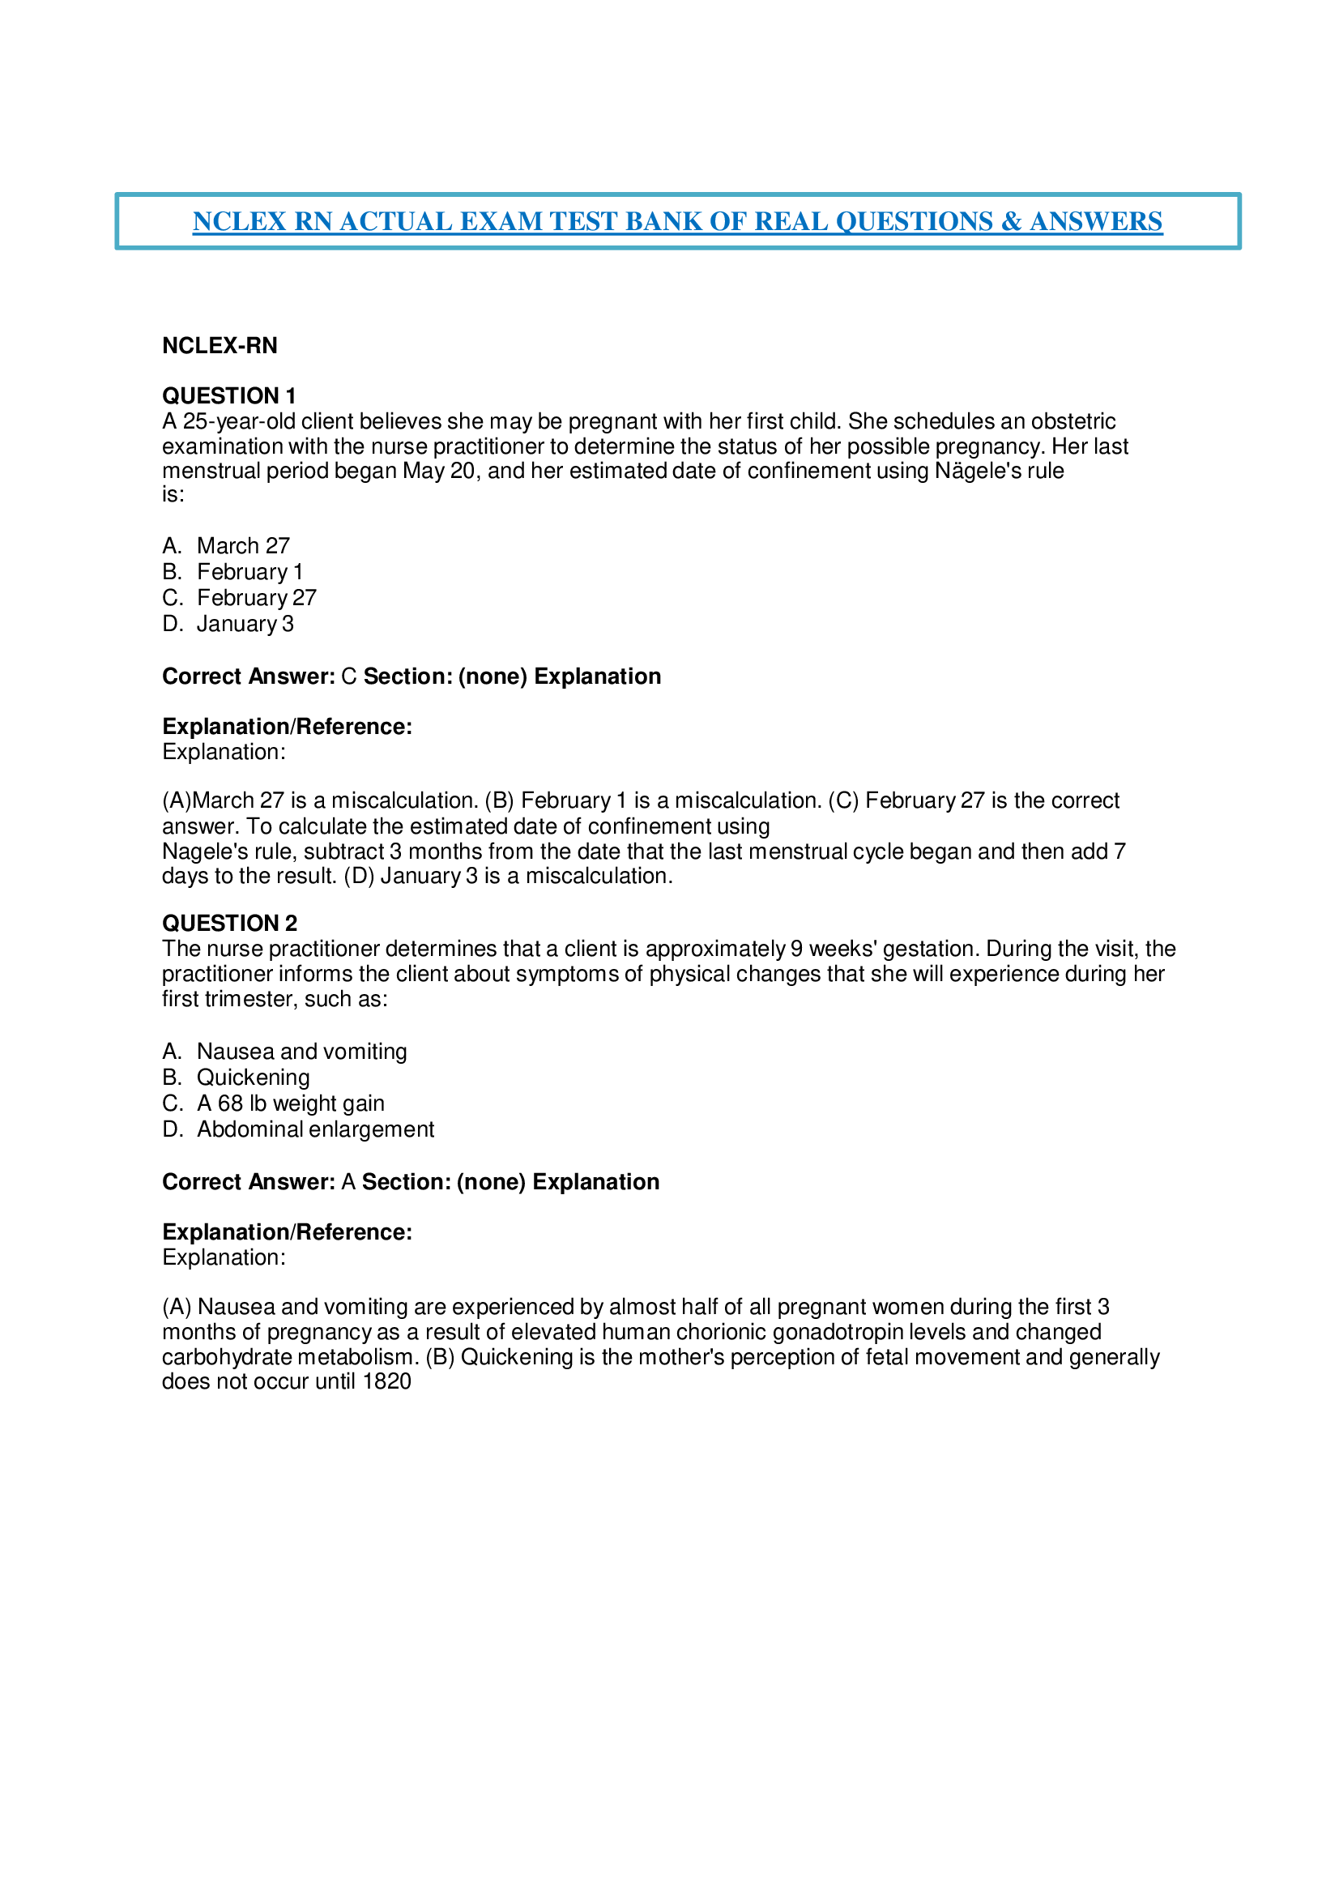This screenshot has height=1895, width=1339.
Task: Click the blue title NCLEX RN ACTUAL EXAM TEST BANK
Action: coord(676,221)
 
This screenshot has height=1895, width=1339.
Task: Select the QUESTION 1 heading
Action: coord(228,395)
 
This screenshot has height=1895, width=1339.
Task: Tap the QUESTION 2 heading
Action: coord(229,923)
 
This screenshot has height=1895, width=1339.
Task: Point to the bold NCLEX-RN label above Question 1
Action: coord(220,345)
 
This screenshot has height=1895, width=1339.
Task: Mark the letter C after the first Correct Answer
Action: coord(348,676)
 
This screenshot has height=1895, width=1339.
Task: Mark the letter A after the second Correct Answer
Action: coord(348,1182)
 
